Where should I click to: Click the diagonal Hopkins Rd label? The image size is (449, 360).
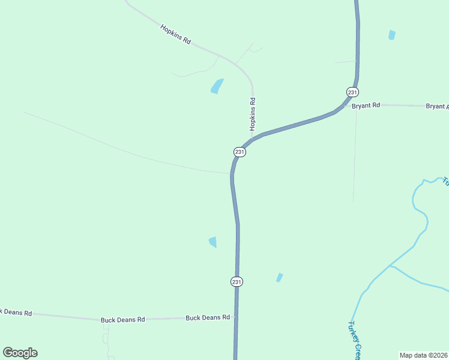tap(175, 35)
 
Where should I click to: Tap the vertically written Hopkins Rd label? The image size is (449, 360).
tap(253, 114)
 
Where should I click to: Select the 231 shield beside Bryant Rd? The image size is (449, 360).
tap(352, 92)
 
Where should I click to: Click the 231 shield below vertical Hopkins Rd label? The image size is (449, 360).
tap(240, 152)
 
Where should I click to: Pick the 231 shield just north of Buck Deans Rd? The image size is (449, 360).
tap(237, 281)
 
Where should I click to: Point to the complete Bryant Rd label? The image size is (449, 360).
tap(366, 105)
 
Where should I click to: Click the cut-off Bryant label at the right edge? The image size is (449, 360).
tap(437, 106)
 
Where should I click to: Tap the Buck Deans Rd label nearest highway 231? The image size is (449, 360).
tap(208, 317)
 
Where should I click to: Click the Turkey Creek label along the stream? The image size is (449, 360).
tap(354, 340)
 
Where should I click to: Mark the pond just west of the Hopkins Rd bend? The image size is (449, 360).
tap(217, 86)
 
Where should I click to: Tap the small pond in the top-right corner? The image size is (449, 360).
tap(392, 35)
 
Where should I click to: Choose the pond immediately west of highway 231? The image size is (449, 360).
tap(212, 242)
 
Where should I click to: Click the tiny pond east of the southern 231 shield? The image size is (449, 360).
tap(279, 277)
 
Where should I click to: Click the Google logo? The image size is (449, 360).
tap(20, 353)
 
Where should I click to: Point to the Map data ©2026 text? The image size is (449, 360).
tap(424, 355)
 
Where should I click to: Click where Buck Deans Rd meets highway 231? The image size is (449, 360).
tap(236, 317)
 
